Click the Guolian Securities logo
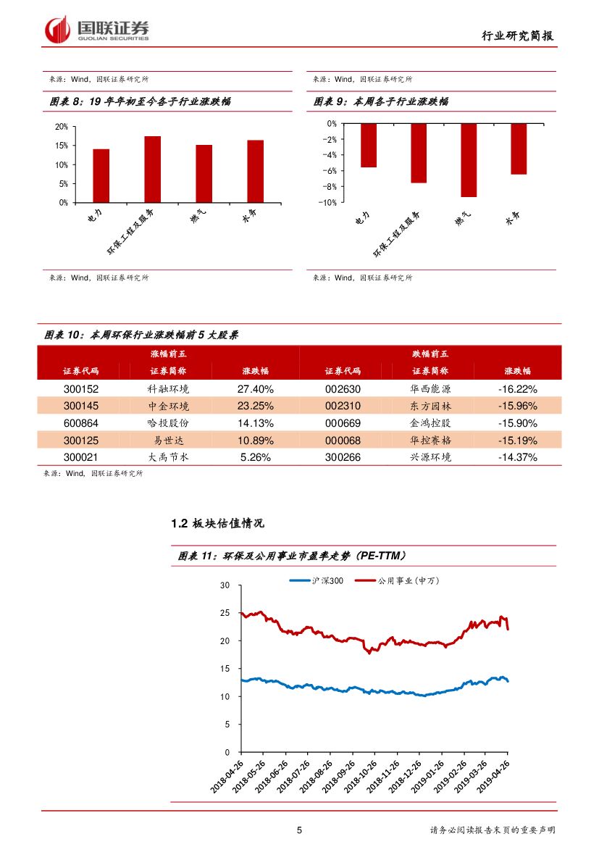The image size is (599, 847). click(97, 29)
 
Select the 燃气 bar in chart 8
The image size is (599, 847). click(204, 173)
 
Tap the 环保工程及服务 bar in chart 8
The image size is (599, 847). click(152, 169)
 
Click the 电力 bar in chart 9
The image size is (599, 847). click(369, 145)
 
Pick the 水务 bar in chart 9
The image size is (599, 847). click(518, 149)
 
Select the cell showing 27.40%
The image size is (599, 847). click(255, 388)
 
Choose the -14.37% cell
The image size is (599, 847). click(517, 457)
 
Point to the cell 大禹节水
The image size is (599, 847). click(167, 457)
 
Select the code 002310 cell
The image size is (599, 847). click(343, 406)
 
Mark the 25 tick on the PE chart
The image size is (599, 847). click(225, 613)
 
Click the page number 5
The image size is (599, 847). click(299, 830)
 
